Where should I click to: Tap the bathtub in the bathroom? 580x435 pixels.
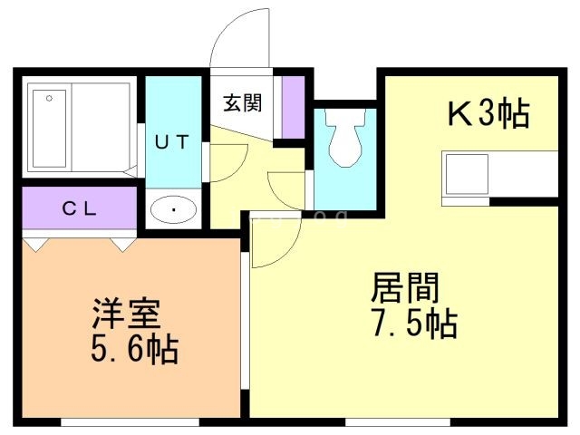click(80, 130)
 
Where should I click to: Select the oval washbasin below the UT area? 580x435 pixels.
click(172, 211)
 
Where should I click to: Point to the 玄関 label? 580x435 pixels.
click(243, 101)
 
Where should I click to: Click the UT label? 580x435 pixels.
click(171, 141)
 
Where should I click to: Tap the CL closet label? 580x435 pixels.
click(79, 208)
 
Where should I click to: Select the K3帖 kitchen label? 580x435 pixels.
click(488, 114)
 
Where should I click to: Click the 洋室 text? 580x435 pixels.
click(126, 314)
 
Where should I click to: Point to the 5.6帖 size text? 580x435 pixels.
click(133, 348)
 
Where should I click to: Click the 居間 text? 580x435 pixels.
click(405, 288)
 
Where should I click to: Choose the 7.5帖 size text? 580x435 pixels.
click(412, 323)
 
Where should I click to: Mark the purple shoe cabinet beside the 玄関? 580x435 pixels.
click(293, 107)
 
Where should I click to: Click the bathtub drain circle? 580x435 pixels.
click(49, 97)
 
